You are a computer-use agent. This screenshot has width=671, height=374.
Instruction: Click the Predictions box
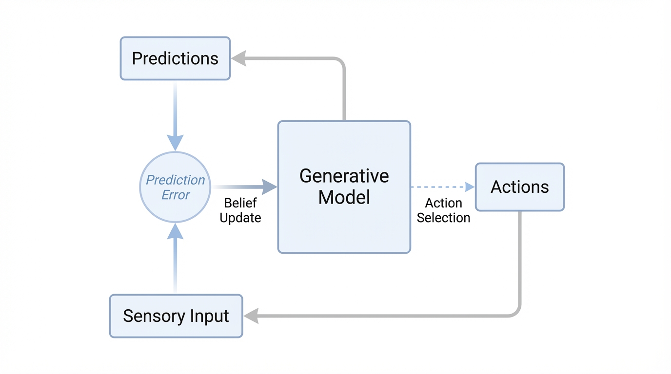tap(175, 58)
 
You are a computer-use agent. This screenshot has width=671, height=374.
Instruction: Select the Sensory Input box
tap(176, 316)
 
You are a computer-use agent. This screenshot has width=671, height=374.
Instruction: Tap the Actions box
tap(519, 187)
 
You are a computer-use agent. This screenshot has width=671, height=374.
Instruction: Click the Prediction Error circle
tap(176, 187)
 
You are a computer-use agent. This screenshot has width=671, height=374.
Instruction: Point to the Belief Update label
tap(240, 210)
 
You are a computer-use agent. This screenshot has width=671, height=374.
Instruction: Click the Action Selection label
tap(443, 210)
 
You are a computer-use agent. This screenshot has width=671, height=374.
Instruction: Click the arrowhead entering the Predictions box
tap(238, 59)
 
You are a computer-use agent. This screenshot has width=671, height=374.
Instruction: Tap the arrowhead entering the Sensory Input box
tap(251, 316)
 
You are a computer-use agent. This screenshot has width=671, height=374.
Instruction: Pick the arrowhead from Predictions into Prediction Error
tap(176, 142)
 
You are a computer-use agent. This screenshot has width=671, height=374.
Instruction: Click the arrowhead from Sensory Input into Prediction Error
tap(176, 232)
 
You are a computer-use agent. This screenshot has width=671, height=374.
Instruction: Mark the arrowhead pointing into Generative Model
tap(269, 187)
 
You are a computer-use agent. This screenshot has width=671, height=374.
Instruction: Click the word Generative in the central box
tap(344, 176)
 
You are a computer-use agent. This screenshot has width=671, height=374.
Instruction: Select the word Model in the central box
tap(344, 197)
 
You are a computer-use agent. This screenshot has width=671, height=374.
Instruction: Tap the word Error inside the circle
tap(176, 195)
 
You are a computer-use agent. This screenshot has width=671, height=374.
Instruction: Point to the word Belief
tap(240, 203)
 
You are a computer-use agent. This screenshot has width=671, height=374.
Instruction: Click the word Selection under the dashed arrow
tap(443, 218)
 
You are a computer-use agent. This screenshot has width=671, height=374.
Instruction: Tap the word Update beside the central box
tap(240, 218)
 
